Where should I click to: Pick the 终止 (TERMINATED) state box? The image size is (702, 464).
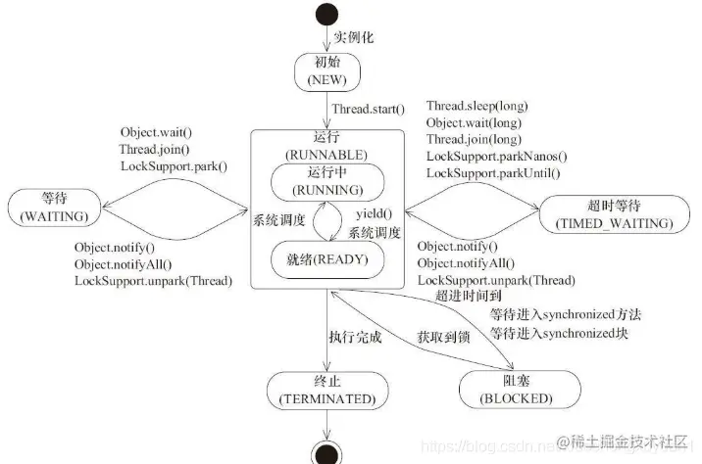pos(326,390)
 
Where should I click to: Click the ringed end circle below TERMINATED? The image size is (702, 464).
pos(326,451)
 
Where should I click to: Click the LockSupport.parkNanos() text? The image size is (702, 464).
pos(496,157)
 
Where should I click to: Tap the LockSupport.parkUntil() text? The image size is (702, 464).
pos(493,173)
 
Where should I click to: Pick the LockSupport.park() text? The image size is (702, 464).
pos(174,165)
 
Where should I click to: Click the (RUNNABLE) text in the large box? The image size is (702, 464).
pos(326,156)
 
